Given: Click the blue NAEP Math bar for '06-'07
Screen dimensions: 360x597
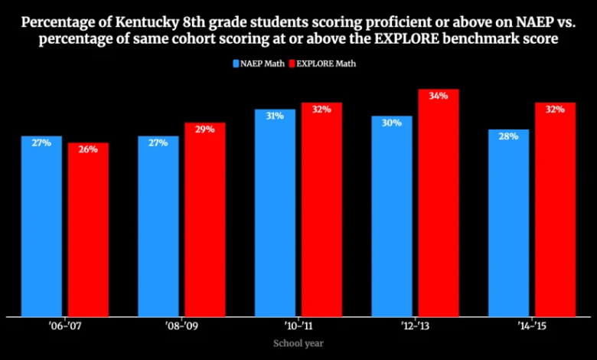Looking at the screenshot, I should pos(41,226).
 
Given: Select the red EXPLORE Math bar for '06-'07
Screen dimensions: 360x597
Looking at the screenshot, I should pos(87,230).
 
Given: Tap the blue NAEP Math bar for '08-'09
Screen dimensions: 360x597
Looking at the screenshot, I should pos(158,226).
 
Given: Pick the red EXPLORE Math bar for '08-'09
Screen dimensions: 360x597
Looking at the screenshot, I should pos(204,219).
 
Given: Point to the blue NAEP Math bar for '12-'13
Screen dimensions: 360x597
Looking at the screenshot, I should pos(392,216).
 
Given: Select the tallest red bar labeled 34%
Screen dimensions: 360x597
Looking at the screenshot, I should pos(438,202).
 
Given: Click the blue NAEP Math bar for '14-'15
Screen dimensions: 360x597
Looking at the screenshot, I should pos(508,223).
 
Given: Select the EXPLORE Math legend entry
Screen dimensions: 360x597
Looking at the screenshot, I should pos(325,64).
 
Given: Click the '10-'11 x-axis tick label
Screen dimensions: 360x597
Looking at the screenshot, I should pos(298,327).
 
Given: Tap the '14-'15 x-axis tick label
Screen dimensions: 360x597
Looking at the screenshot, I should pos(532,327).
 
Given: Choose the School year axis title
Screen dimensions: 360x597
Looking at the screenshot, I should pos(298,343).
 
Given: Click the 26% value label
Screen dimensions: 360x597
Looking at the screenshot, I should pos(87,149).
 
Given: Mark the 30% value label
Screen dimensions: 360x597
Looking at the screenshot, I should pos(392,123).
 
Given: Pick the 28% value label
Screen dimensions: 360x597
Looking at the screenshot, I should pos(508,136).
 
